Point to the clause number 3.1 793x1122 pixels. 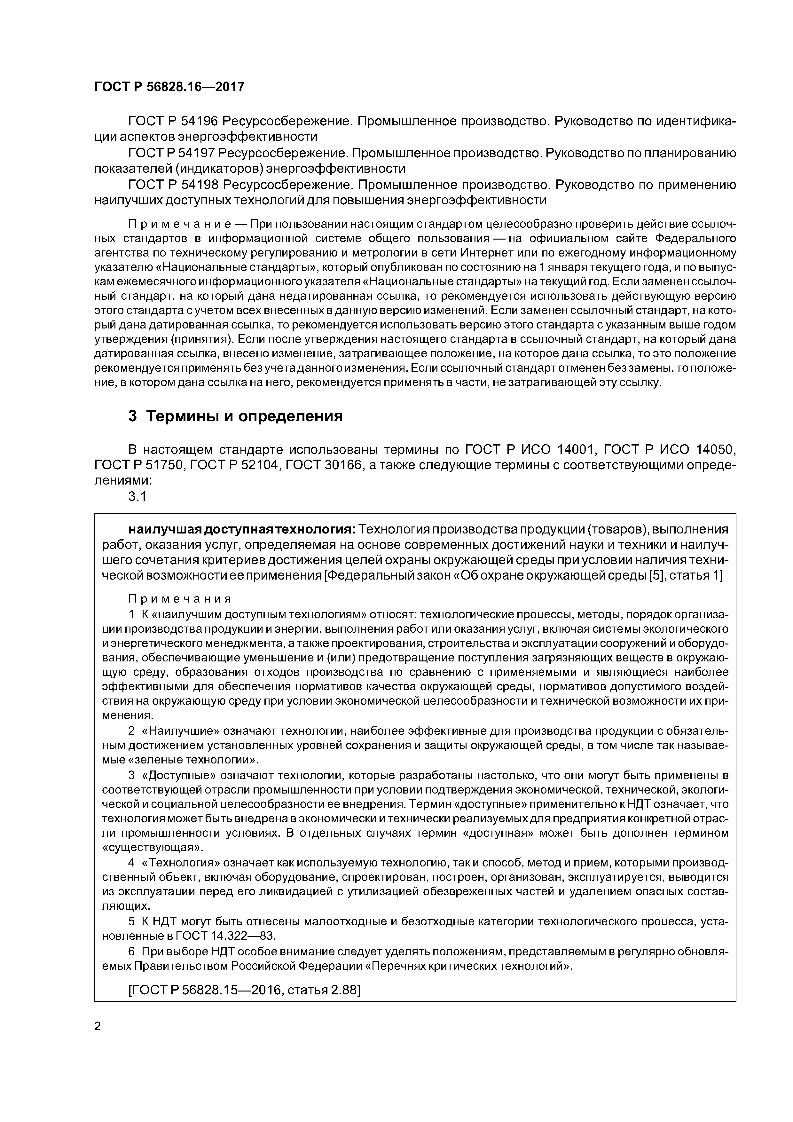click(x=137, y=496)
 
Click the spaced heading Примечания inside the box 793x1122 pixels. click(x=180, y=599)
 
